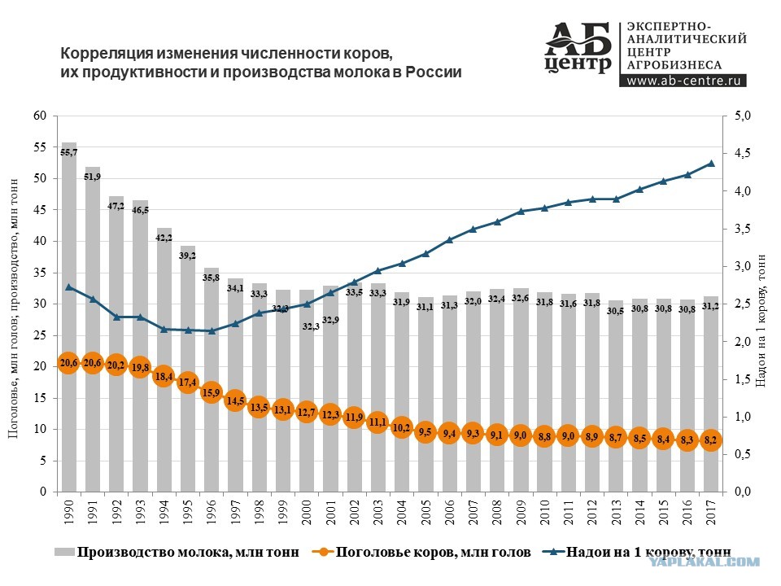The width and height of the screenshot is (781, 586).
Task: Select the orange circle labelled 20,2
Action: coord(116,365)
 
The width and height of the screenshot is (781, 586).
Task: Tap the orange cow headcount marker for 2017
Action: coord(711,440)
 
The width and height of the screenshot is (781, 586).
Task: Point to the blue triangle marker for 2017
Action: coord(711,164)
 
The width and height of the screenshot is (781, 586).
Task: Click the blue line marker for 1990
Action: coord(68,287)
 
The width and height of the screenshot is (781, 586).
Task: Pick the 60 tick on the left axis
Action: coord(40,116)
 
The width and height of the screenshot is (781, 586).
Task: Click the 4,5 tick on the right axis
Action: coord(743,154)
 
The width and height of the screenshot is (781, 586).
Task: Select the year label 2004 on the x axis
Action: coord(401,513)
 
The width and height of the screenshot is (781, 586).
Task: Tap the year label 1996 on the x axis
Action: coord(212,513)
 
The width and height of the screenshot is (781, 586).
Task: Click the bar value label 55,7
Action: coord(68,152)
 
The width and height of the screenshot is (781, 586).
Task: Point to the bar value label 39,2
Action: coord(188,256)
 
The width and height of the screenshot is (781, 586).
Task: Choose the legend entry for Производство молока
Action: coord(177,552)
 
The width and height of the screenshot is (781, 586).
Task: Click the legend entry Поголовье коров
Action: coord(421,552)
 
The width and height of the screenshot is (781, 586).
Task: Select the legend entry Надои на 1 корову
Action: coord(636,552)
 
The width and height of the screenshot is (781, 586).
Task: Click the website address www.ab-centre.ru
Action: coord(683,81)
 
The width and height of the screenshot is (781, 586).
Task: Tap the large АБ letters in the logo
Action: coord(578,39)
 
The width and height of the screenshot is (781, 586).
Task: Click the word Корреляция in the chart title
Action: coord(107,54)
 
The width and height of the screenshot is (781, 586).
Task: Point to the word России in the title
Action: coord(434,72)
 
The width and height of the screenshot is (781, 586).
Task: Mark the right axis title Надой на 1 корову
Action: coord(761,321)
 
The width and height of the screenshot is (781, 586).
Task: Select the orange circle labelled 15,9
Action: coord(212,392)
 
